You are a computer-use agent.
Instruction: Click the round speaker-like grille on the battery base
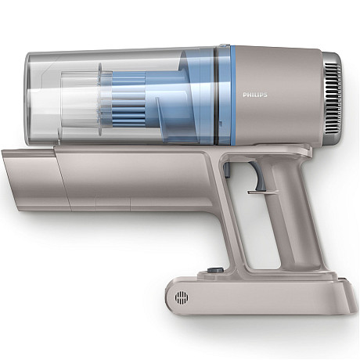coord(182,298)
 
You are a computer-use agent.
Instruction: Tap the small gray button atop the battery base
coord(214,272)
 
